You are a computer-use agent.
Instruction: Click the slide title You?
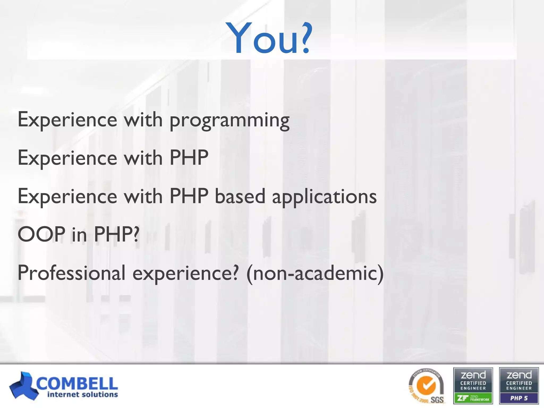(269, 39)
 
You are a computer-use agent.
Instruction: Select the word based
(240, 197)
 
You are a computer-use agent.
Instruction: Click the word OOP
(41, 234)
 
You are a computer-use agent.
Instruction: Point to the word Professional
(71, 273)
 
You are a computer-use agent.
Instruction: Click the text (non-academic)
(315, 273)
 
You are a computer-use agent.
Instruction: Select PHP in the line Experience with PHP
(189, 158)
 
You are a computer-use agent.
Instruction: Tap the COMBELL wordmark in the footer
(77, 383)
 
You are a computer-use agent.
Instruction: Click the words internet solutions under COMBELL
(82, 394)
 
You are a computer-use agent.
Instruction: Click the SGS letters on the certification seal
(437, 399)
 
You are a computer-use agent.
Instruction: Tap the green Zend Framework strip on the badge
(473, 398)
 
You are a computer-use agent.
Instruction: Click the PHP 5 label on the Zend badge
(519, 398)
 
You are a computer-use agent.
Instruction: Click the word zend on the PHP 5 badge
(519, 375)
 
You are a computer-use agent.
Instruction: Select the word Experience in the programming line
(67, 120)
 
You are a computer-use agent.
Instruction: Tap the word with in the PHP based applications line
(143, 197)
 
